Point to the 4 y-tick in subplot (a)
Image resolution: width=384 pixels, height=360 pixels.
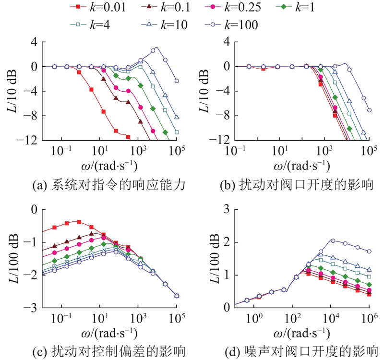coord(34,42)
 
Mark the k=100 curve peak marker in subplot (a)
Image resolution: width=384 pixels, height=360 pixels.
coord(155,49)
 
